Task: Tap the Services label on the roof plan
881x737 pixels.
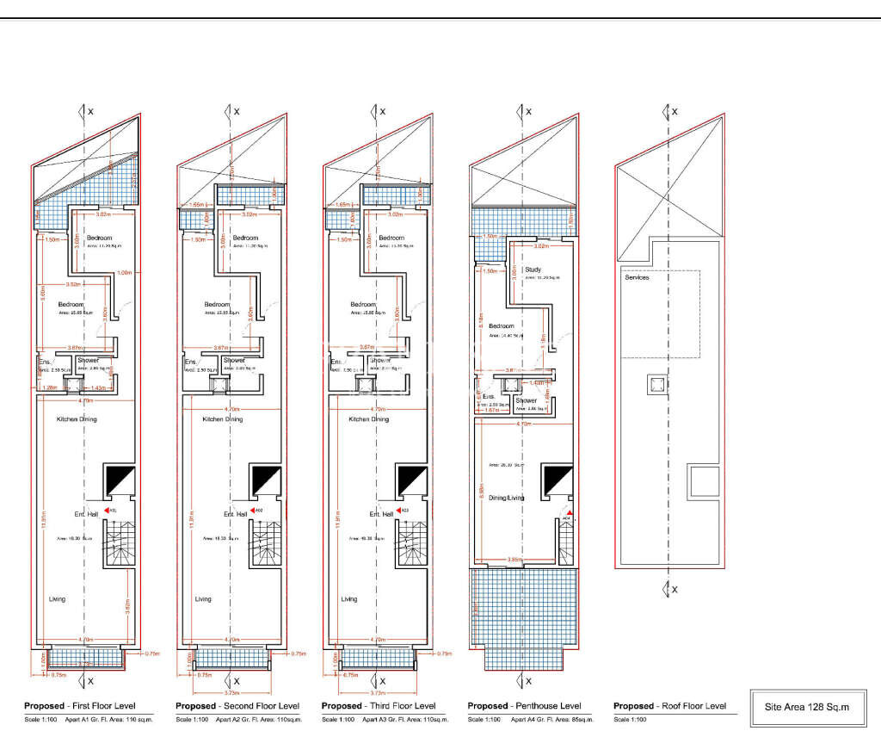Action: pos(637,277)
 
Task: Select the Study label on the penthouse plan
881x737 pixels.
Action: pos(533,269)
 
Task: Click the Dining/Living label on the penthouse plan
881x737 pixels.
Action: pos(507,498)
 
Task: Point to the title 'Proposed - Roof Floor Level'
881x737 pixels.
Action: pos(669,706)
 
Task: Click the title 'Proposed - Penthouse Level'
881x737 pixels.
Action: pos(524,706)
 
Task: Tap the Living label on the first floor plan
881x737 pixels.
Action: pos(57,599)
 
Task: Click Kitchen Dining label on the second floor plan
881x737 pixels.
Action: pos(223,419)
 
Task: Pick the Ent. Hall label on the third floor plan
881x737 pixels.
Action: pos(382,514)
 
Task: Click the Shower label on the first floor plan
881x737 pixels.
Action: pos(89,361)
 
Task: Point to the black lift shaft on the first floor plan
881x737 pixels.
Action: pos(120,479)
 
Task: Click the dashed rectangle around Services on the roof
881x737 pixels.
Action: pos(661,315)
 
